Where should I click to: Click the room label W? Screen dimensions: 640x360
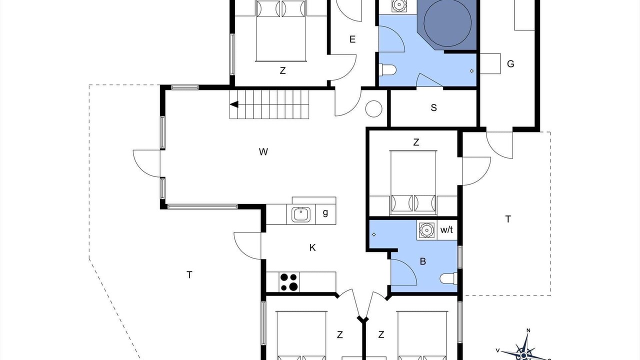[x=263, y=151]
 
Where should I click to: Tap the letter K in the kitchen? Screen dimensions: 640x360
[x=312, y=247]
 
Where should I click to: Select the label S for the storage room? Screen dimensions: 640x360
[x=433, y=107]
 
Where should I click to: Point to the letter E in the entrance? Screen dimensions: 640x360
[x=352, y=39]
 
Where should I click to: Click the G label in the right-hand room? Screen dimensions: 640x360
[x=510, y=63]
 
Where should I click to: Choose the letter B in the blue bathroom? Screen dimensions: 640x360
[x=423, y=261]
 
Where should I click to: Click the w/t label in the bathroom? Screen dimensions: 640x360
[x=446, y=229]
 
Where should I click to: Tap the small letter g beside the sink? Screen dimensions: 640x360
[x=325, y=212]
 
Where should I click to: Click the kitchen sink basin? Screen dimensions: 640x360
[x=301, y=214]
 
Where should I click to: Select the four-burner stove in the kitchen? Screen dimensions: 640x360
[x=289, y=282]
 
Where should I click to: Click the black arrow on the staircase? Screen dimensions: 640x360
[x=234, y=104]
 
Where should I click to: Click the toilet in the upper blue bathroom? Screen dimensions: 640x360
[x=387, y=70]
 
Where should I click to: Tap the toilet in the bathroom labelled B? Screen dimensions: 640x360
[x=448, y=279]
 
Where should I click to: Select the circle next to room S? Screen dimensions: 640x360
[x=373, y=109]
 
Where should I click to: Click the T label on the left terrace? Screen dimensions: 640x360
[x=189, y=275]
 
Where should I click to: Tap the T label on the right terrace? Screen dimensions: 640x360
[x=508, y=219]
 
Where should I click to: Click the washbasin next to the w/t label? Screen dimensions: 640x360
[x=427, y=229]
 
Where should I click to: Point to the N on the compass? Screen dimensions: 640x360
[x=528, y=330]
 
